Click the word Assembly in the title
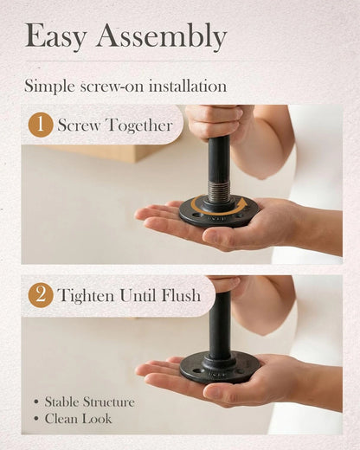[x=162, y=36]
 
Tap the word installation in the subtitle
[x=188, y=86]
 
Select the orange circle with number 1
[x=41, y=125]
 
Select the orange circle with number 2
[x=41, y=295]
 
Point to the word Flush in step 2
[x=181, y=295]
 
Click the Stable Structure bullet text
[x=90, y=402]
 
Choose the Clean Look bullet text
[x=78, y=419]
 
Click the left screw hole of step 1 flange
[x=197, y=215]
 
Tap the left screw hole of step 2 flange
[x=197, y=370]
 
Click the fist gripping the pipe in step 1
[x=215, y=121]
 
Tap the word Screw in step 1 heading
[x=79, y=125]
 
